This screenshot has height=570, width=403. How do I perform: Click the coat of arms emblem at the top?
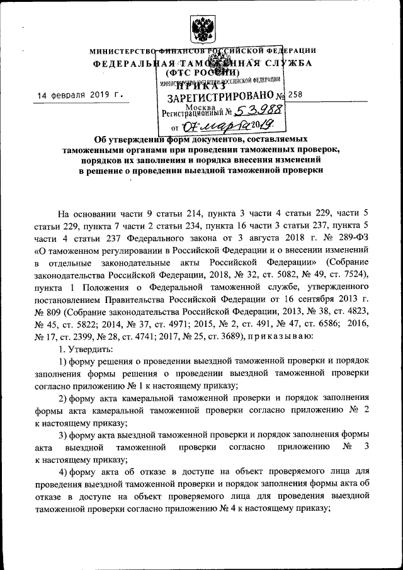[x=201, y=29]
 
